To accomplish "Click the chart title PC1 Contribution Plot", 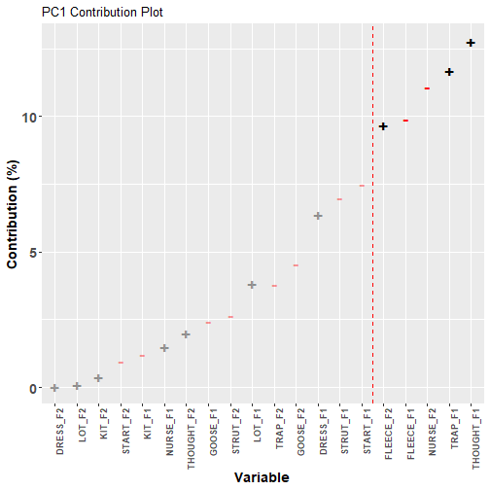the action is (x=102, y=13).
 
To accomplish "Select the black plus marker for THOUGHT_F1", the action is (x=471, y=43).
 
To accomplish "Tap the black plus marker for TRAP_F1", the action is (x=449, y=72).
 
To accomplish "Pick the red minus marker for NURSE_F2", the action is (x=427, y=88).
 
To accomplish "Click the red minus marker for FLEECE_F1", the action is (x=405, y=121).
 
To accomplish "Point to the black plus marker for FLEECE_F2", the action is (x=383, y=126).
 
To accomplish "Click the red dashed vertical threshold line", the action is (x=372, y=214).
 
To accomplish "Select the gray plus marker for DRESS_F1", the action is (x=318, y=216).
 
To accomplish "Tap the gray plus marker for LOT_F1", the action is (x=252, y=285).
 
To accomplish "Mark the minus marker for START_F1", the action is (x=362, y=186).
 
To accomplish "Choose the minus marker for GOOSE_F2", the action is (x=296, y=265).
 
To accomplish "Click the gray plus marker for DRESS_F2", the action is (x=54, y=388).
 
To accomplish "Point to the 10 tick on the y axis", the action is (x=29, y=118).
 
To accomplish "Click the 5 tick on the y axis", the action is (x=33, y=253).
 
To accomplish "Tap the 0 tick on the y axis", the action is (x=33, y=388).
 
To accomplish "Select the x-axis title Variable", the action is (x=262, y=477).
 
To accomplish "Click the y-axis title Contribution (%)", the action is (x=13, y=214).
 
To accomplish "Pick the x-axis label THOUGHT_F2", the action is (x=191, y=438).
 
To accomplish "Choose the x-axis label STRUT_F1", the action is (x=344, y=432).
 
